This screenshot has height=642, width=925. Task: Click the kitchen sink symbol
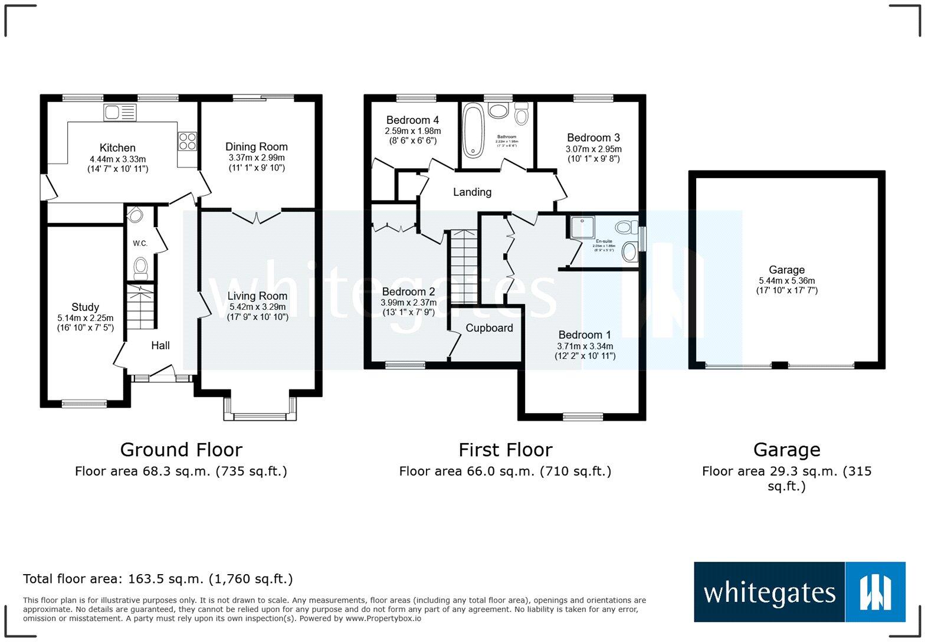click(120, 112)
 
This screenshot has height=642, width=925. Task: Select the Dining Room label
click(257, 147)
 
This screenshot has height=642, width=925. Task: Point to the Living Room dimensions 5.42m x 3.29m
click(257, 307)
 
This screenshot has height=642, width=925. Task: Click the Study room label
click(85, 307)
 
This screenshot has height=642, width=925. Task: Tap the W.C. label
click(140, 243)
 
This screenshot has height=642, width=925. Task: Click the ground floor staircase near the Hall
click(141, 307)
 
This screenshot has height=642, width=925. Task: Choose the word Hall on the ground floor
click(160, 346)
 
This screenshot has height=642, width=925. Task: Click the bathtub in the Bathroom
click(473, 130)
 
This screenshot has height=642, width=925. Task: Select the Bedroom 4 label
click(412, 120)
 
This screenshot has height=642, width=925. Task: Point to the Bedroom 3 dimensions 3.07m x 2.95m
click(593, 149)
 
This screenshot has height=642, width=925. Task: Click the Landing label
click(472, 192)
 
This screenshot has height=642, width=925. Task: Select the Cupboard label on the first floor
click(489, 328)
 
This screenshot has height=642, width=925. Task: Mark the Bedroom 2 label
click(408, 291)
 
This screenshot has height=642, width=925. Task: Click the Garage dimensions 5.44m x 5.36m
click(787, 281)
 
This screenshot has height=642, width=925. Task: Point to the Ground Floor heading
click(181, 450)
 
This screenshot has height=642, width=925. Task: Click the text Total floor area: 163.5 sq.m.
click(158, 579)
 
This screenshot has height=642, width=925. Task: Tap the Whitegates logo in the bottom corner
click(799, 592)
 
